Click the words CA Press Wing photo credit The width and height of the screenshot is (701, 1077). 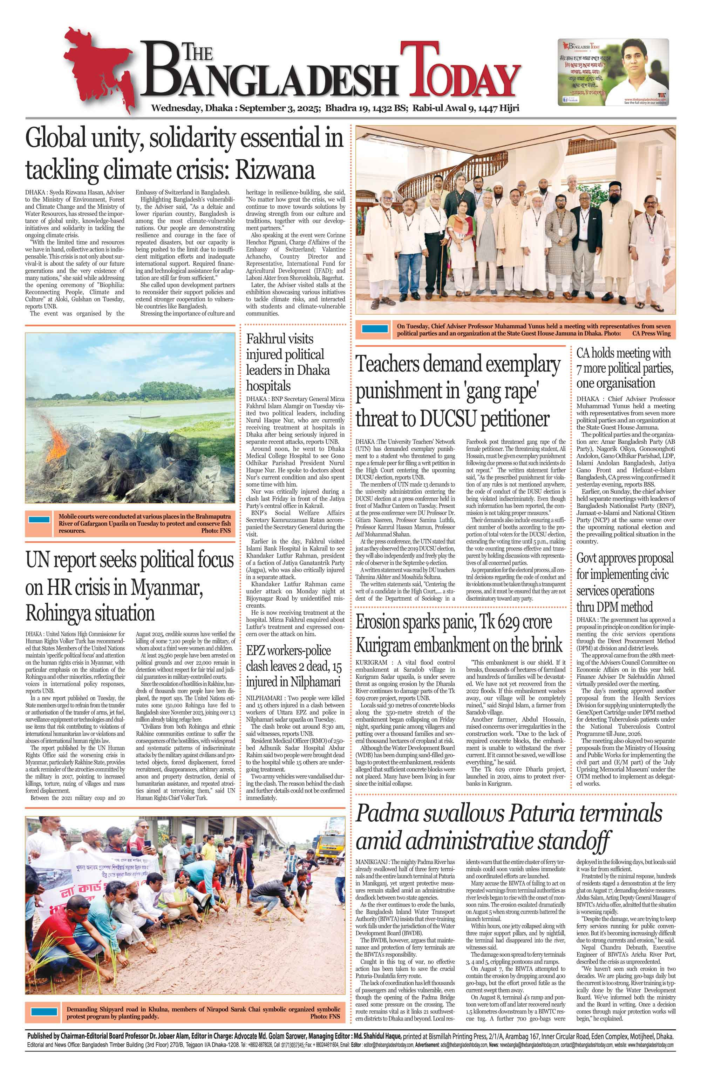pos(651,334)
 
